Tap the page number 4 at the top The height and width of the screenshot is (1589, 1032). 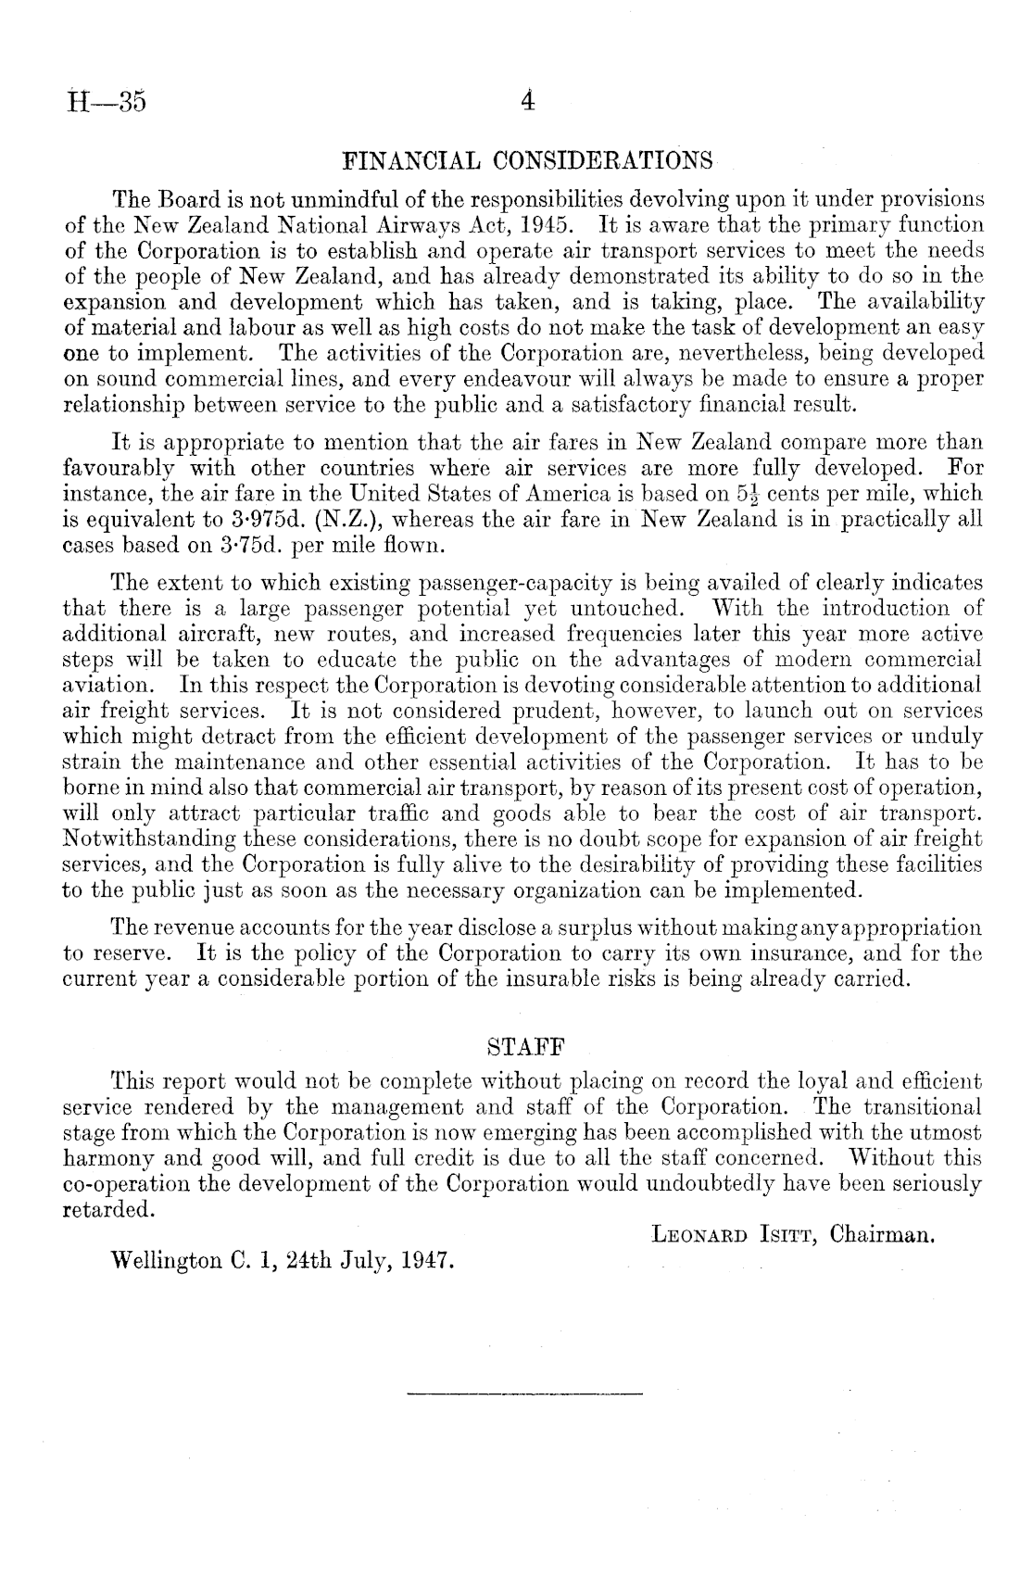click(527, 99)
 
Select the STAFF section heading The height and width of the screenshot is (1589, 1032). click(526, 1048)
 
